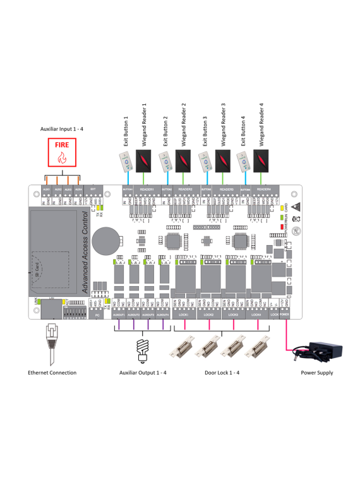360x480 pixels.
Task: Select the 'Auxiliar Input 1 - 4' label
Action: tap(61, 129)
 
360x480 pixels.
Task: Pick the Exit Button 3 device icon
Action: tap(205, 162)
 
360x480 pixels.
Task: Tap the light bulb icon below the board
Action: tap(143, 349)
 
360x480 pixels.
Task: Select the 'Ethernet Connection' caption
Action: tap(52, 373)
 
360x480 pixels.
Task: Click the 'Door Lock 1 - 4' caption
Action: tap(222, 373)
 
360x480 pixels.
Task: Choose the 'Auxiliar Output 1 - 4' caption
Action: tap(143, 373)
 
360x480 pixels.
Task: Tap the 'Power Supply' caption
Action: tap(317, 373)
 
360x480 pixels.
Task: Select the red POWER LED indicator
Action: tap(284, 225)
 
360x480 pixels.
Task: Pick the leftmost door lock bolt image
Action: tap(184, 347)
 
